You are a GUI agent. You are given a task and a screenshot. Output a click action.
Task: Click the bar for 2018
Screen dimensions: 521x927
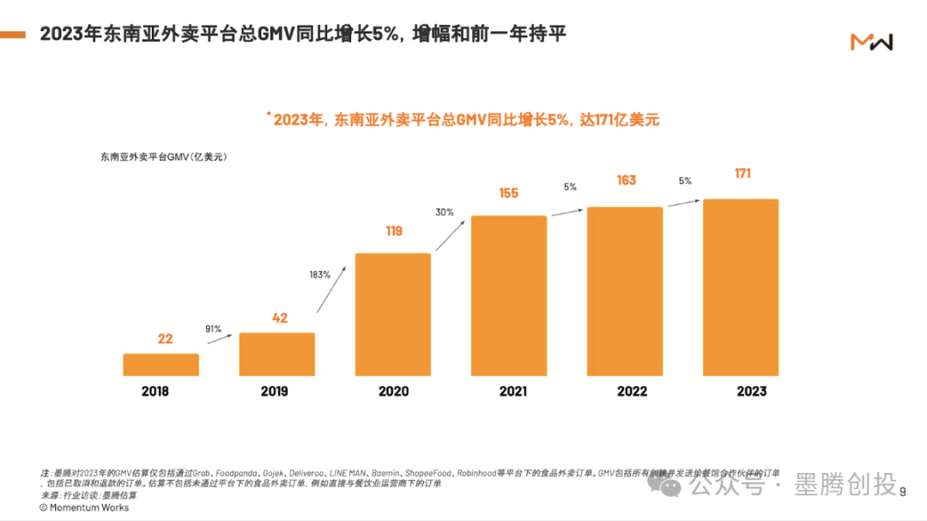pyautogui.click(x=161, y=365)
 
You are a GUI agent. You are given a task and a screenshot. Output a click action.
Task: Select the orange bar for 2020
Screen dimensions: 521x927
pyautogui.click(x=392, y=314)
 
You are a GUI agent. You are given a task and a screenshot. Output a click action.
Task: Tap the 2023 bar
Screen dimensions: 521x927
pyautogui.click(x=740, y=288)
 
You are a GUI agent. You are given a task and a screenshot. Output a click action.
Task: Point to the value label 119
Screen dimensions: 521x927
pyautogui.click(x=392, y=231)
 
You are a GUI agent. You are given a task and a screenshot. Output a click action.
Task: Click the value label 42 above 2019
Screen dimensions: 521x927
pyautogui.click(x=280, y=318)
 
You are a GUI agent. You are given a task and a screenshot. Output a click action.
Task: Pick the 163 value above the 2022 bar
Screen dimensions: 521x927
pyautogui.click(x=626, y=180)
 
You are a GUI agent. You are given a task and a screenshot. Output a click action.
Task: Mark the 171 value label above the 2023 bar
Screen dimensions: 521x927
pyautogui.click(x=742, y=173)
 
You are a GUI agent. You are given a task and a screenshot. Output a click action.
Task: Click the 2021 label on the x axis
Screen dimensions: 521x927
pyautogui.click(x=512, y=391)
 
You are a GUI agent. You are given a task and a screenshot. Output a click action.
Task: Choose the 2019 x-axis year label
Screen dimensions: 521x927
pyautogui.click(x=274, y=391)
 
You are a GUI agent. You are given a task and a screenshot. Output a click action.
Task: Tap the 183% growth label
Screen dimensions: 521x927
pyautogui.click(x=319, y=276)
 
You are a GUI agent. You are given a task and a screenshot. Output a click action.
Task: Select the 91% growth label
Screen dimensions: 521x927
pyautogui.click(x=213, y=329)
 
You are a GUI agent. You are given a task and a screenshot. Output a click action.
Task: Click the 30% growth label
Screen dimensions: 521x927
pyautogui.click(x=445, y=212)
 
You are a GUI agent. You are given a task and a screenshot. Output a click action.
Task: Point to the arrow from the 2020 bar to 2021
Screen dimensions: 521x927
pyautogui.click(x=451, y=233)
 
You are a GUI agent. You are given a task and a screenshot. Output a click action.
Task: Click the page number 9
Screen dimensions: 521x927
pyautogui.click(x=902, y=491)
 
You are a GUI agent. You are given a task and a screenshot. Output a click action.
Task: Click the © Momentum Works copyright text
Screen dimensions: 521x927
pyautogui.click(x=84, y=507)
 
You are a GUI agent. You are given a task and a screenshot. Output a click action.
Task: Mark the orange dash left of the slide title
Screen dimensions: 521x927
pyautogui.click(x=12, y=35)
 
